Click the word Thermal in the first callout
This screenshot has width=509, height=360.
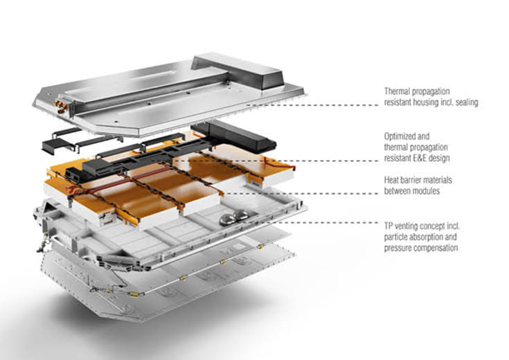click(x=398, y=91)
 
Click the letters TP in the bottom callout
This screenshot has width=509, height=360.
click(x=389, y=226)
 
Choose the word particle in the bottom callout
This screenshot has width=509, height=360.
click(x=398, y=236)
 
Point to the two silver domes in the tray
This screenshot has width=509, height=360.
click(x=235, y=218)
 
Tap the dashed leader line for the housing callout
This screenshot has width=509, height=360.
click(x=332, y=105)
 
